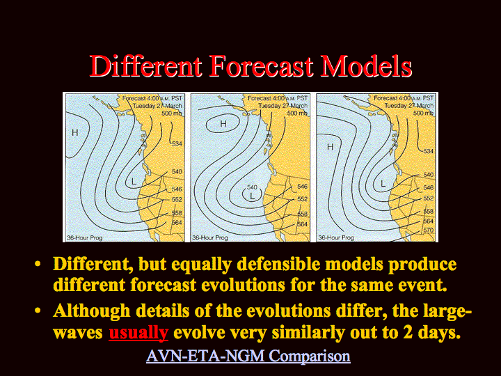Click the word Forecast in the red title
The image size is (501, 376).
[x=261, y=66]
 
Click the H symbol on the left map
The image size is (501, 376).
[x=74, y=132]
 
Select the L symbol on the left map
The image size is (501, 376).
[x=134, y=182]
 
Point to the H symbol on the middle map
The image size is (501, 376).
[x=223, y=124]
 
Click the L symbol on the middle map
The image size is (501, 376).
[x=253, y=196]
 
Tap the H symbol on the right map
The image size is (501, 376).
[x=330, y=147]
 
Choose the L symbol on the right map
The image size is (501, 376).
[x=383, y=184]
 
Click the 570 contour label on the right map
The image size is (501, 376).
[x=428, y=230]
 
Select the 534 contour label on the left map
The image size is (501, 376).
[x=177, y=143]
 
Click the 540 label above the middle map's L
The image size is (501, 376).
[x=252, y=187]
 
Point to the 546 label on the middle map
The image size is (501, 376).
[x=302, y=186]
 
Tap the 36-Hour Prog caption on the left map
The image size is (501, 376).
[x=85, y=237]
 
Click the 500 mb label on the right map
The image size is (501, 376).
[x=423, y=113]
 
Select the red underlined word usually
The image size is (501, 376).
[x=138, y=333]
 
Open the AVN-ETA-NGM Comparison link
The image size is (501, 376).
[x=248, y=356]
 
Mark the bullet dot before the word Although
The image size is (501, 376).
[x=38, y=311]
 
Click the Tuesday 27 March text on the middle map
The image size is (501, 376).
[x=283, y=106]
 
